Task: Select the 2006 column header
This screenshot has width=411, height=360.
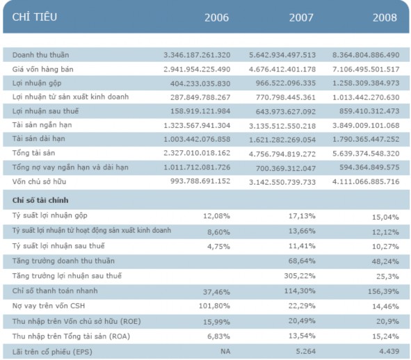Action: pyautogui.click(x=216, y=17)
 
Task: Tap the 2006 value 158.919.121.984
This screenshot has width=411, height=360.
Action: pyautogui.click(x=197, y=111)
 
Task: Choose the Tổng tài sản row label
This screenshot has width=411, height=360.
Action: pyautogui.click(x=34, y=154)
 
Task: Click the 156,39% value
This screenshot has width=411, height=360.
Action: pyautogui.click(x=385, y=291)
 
